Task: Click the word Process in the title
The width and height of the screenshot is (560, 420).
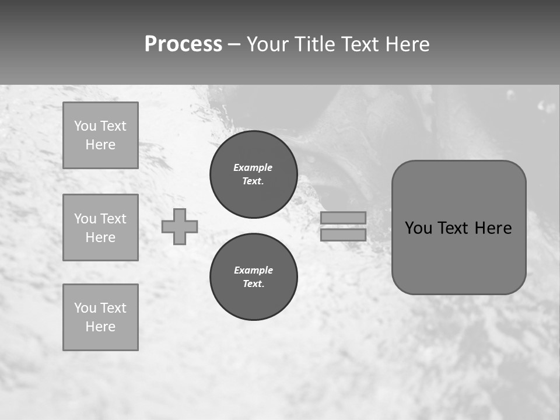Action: pos(183,44)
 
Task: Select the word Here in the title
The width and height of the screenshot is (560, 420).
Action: pos(405,44)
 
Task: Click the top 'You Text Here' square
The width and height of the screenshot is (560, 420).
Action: pos(100,135)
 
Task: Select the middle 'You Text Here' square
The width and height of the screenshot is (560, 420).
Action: pos(100,228)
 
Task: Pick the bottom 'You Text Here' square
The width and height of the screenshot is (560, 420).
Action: pos(100,317)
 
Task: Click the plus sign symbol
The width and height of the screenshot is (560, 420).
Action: pos(180,226)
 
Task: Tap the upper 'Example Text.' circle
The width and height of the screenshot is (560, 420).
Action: pos(254,174)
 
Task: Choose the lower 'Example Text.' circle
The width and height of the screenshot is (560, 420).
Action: pos(254,277)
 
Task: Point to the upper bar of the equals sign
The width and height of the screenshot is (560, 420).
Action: pos(343,218)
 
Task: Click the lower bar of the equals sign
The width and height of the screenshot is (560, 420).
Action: pos(343,235)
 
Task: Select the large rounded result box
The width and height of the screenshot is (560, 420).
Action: pos(459,228)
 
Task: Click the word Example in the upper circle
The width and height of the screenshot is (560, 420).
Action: pos(253,167)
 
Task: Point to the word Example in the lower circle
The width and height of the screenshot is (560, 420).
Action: pos(253,270)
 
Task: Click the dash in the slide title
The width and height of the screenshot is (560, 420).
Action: pos(235,44)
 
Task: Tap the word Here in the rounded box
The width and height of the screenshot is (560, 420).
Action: pos(493,228)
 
